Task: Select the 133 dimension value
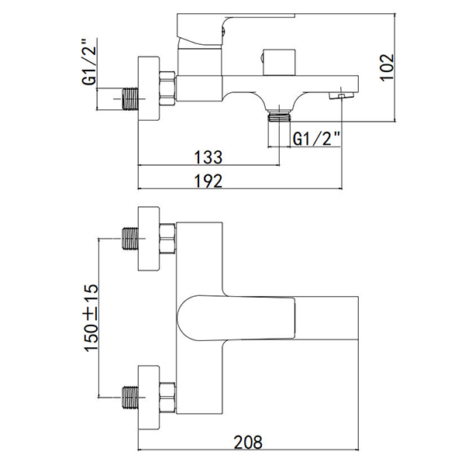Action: click(x=207, y=157)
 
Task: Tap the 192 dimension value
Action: click(x=207, y=181)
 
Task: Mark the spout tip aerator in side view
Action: click(x=339, y=95)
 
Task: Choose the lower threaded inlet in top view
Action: click(x=129, y=395)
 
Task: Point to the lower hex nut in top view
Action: click(x=167, y=395)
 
